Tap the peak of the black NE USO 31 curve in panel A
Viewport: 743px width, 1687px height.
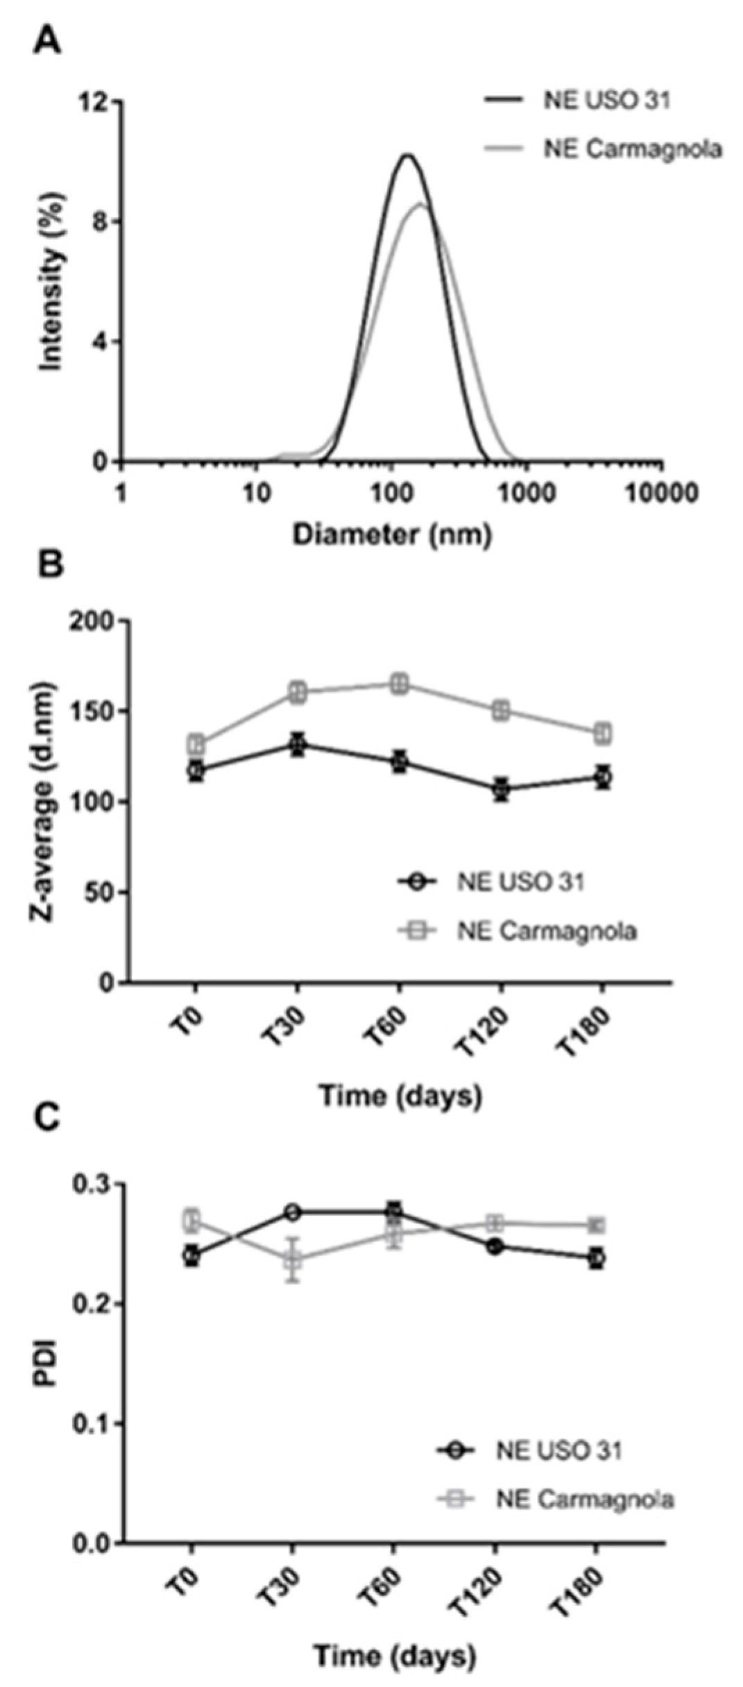tap(407, 155)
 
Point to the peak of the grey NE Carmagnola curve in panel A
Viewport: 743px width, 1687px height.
tap(420, 203)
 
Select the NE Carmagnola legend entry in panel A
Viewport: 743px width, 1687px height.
tap(632, 149)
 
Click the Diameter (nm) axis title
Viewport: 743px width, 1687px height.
tap(392, 534)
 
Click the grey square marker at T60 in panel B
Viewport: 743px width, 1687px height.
tap(399, 684)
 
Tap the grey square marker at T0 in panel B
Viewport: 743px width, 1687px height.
tap(196, 745)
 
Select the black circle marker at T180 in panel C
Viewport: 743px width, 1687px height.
tap(595, 1257)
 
